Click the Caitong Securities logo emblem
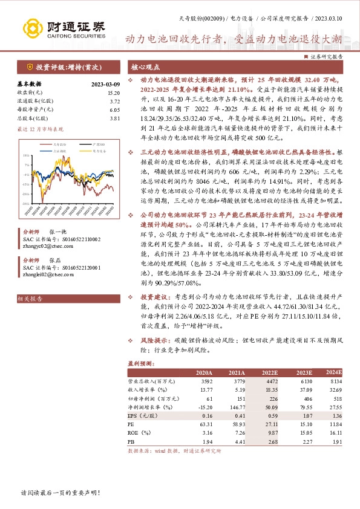click(30, 27)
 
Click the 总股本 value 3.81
click(115, 119)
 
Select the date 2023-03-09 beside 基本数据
click(106, 84)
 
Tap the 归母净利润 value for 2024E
click(335, 398)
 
